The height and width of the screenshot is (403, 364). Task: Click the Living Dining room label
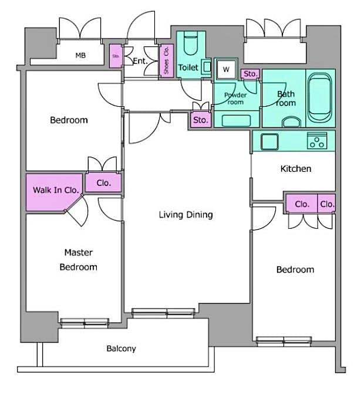pyautogui.click(x=186, y=215)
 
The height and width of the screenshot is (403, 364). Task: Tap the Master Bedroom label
pyautogui.click(x=79, y=260)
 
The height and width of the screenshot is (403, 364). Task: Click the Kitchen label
pyautogui.click(x=295, y=169)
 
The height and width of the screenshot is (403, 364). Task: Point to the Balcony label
pyautogui.click(x=121, y=348)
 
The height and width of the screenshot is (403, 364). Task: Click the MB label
pyautogui.click(x=80, y=56)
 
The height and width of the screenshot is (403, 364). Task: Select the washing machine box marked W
pyautogui.click(x=225, y=69)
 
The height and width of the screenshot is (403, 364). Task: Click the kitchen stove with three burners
pyautogui.click(x=317, y=141)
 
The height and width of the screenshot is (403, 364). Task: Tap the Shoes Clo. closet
pyautogui.click(x=166, y=60)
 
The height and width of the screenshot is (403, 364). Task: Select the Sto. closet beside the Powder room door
pyautogui.click(x=250, y=74)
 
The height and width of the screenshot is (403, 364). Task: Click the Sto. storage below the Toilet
pyautogui.click(x=200, y=120)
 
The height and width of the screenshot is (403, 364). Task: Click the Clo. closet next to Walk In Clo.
pyautogui.click(x=104, y=183)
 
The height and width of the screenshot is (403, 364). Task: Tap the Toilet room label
pyautogui.click(x=188, y=68)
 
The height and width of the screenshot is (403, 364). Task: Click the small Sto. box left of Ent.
pyautogui.click(x=115, y=57)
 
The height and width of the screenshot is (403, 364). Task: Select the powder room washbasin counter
pyautogui.click(x=237, y=121)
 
